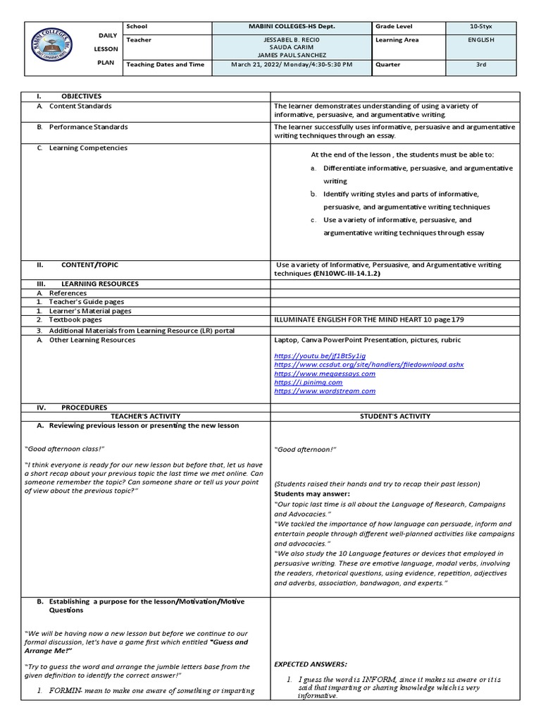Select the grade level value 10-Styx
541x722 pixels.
point(482,26)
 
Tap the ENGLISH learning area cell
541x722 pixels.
point(482,40)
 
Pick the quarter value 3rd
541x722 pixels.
point(482,64)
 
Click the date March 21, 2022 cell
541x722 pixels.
point(292,64)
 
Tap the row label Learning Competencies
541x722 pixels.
point(88,148)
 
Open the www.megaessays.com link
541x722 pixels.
point(325,374)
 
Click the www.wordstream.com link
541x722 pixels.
point(325,391)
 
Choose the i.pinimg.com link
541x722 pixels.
point(308,382)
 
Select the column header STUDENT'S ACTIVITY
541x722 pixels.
point(394,416)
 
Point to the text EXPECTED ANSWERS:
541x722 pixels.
point(310,663)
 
